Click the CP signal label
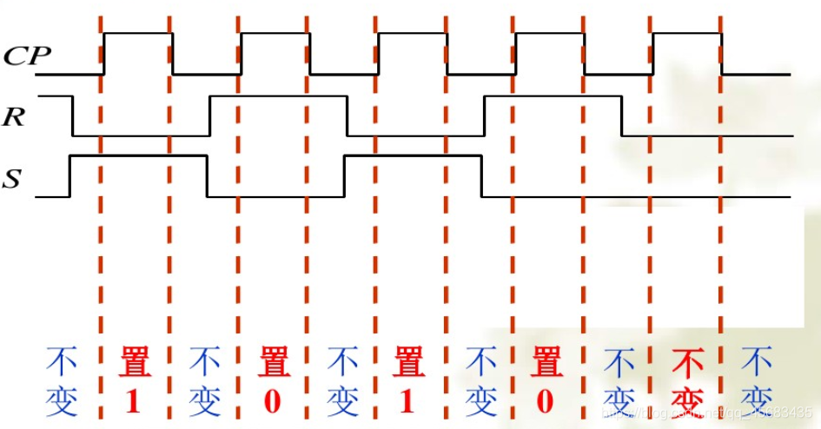click(27, 56)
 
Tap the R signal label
click(14, 118)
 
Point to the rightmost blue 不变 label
click(756, 380)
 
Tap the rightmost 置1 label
click(408, 380)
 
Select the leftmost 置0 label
click(272, 380)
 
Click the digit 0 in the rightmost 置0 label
click(545, 400)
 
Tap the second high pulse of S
click(412, 156)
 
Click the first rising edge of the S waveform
click(70, 176)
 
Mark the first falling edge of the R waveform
click(73, 115)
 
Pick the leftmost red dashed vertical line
click(101, 217)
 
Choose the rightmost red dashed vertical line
click(720, 217)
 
